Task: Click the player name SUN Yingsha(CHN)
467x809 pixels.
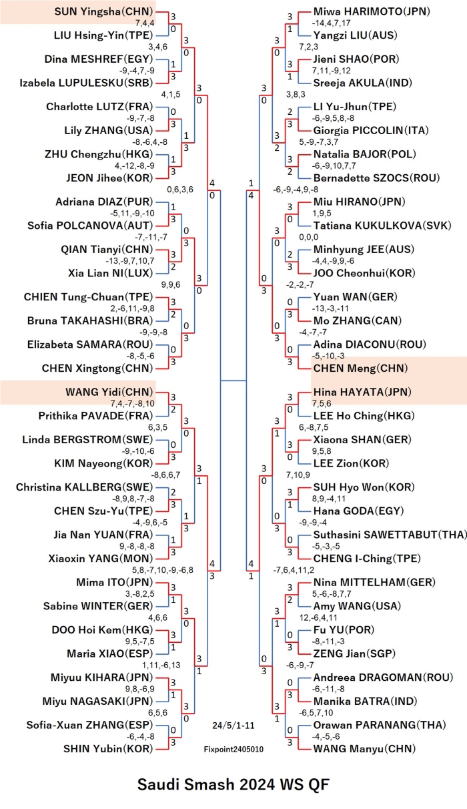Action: tap(104, 11)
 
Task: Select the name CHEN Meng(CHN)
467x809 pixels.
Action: tap(360, 368)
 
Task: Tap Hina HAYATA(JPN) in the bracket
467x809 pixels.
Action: tap(362, 392)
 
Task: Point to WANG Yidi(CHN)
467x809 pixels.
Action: tap(109, 392)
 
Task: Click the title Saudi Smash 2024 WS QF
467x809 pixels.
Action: tap(233, 784)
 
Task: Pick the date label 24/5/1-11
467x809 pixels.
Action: tap(233, 725)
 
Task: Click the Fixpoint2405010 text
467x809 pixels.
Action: tap(233, 749)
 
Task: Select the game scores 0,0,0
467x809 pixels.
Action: tap(309, 237)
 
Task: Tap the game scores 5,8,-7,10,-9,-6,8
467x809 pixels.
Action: tap(162, 570)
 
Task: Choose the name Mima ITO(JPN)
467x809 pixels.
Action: tap(115, 582)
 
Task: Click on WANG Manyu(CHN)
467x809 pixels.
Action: tap(364, 749)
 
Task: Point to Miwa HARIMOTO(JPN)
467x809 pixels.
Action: tap(372, 11)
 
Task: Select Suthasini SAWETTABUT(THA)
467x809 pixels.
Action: tap(390, 535)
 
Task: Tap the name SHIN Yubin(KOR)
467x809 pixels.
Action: tap(109, 749)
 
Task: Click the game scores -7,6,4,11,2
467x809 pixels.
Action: tap(294, 570)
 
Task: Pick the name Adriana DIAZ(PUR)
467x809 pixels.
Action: tap(104, 202)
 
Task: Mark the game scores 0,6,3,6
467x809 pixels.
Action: tap(180, 190)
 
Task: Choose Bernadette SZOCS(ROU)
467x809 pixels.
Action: tap(376, 178)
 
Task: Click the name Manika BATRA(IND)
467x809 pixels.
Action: tap(365, 701)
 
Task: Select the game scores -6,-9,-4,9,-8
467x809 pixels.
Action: tap(296, 190)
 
